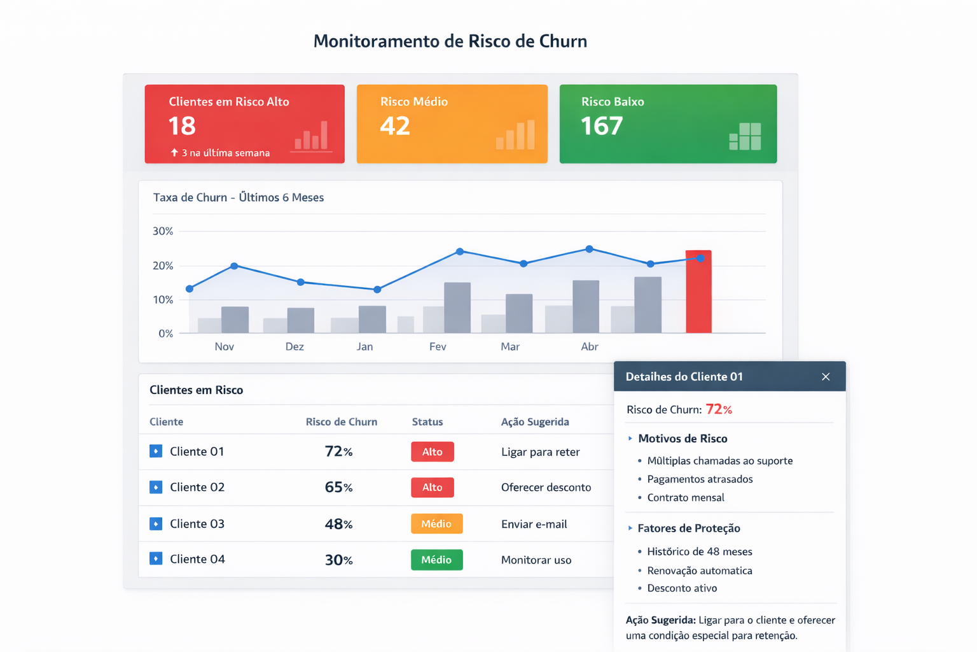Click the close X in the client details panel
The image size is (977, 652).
coord(826,377)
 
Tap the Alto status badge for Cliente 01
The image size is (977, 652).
coord(432,451)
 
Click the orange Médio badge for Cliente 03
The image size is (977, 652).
coord(436,523)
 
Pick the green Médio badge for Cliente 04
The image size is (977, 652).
coord(436,560)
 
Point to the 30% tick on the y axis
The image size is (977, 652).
coord(163,231)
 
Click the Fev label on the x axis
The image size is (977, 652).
coord(438,346)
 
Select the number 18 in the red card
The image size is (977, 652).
coord(182,126)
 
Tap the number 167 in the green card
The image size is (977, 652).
coord(602,126)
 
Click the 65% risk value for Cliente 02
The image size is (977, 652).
coord(338,487)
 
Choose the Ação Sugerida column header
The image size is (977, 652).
coord(535,422)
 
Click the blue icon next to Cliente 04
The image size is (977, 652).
coord(156,558)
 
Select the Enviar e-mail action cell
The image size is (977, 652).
coord(534,524)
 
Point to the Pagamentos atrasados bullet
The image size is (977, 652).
coord(699,479)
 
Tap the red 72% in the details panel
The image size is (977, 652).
coord(719,409)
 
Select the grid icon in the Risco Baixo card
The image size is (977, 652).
coord(745,136)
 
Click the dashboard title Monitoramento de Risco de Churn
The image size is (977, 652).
coord(450,41)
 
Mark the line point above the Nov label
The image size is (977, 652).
coord(235,266)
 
